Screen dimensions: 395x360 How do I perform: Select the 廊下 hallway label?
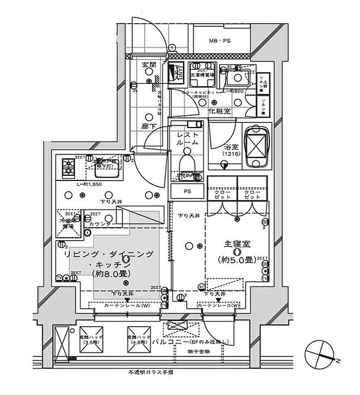pyautogui.click(x=150, y=125)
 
